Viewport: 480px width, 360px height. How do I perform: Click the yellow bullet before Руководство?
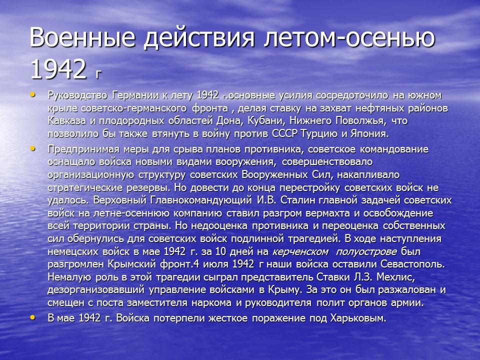33,93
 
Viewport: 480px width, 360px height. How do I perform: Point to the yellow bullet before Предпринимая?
33,148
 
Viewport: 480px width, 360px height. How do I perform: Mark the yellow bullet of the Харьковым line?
33,316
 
